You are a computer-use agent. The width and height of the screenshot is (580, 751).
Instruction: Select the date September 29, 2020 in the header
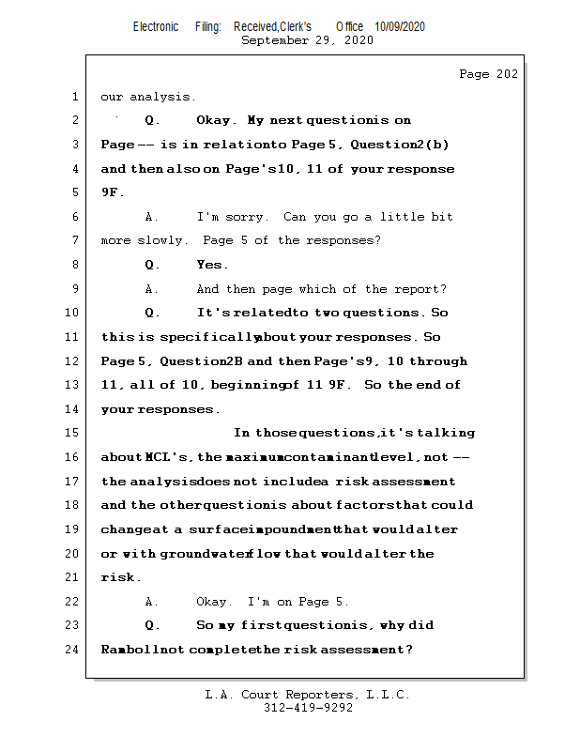(307, 40)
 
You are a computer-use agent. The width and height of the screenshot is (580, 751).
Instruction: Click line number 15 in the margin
(74, 433)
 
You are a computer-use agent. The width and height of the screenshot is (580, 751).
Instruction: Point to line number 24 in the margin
(74, 649)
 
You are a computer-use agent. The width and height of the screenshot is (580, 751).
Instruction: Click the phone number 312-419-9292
(308, 708)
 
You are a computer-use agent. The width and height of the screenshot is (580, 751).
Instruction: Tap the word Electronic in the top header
(156, 26)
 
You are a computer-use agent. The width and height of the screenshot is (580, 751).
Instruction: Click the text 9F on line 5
(109, 192)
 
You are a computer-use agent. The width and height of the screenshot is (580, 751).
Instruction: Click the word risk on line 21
(118, 577)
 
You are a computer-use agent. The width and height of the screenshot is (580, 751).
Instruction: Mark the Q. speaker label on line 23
(152, 625)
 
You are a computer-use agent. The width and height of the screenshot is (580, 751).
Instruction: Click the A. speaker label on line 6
(152, 217)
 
